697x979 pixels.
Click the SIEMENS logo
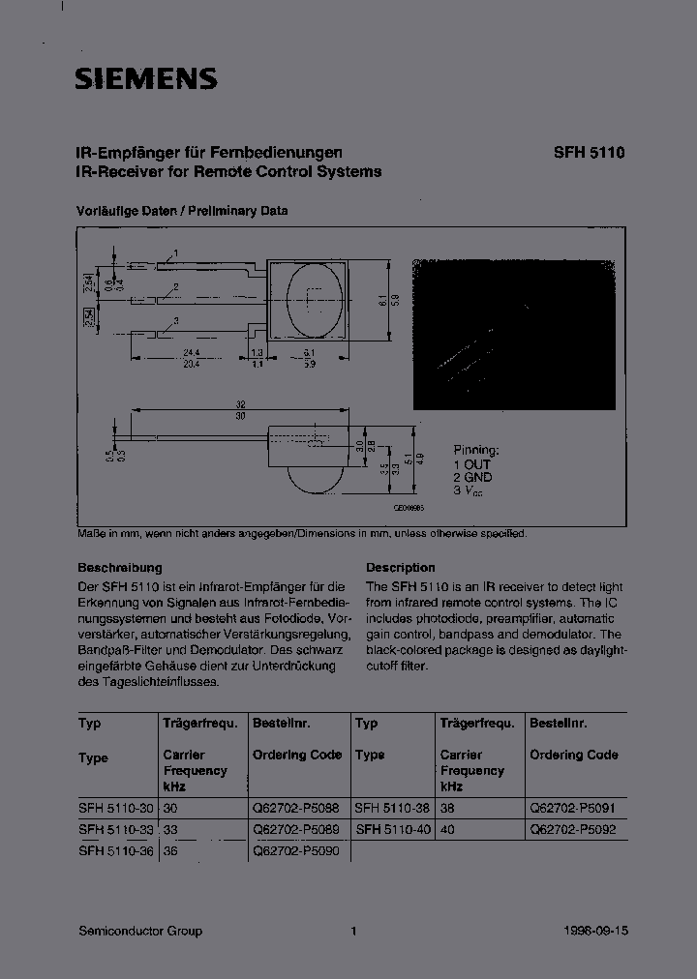(x=145, y=78)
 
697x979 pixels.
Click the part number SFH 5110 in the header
(x=589, y=153)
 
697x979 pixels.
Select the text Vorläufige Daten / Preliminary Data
(x=182, y=211)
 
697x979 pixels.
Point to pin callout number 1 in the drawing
(x=175, y=252)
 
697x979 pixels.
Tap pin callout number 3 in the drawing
(x=175, y=320)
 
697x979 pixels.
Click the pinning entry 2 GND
(x=472, y=477)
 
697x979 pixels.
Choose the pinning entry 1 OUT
(x=472, y=464)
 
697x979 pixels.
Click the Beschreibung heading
(x=119, y=568)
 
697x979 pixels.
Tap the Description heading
(x=400, y=568)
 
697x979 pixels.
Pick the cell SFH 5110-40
(x=392, y=829)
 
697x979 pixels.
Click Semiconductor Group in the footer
(x=139, y=931)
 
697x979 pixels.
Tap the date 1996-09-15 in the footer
(x=595, y=931)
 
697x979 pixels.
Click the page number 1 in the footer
(x=353, y=931)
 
